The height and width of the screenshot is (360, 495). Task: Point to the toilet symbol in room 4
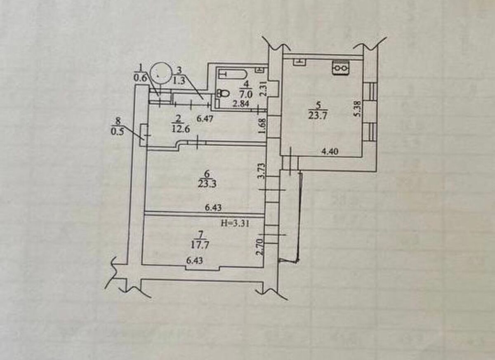pos(223,94)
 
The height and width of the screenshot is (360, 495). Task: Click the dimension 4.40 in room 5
pos(330,151)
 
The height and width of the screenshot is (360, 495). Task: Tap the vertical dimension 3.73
pos(260,170)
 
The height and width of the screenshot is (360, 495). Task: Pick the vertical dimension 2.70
pos(260,246)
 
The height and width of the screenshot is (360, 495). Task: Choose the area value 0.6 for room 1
pos(139,76)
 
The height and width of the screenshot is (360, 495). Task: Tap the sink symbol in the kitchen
pos(299,61)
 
